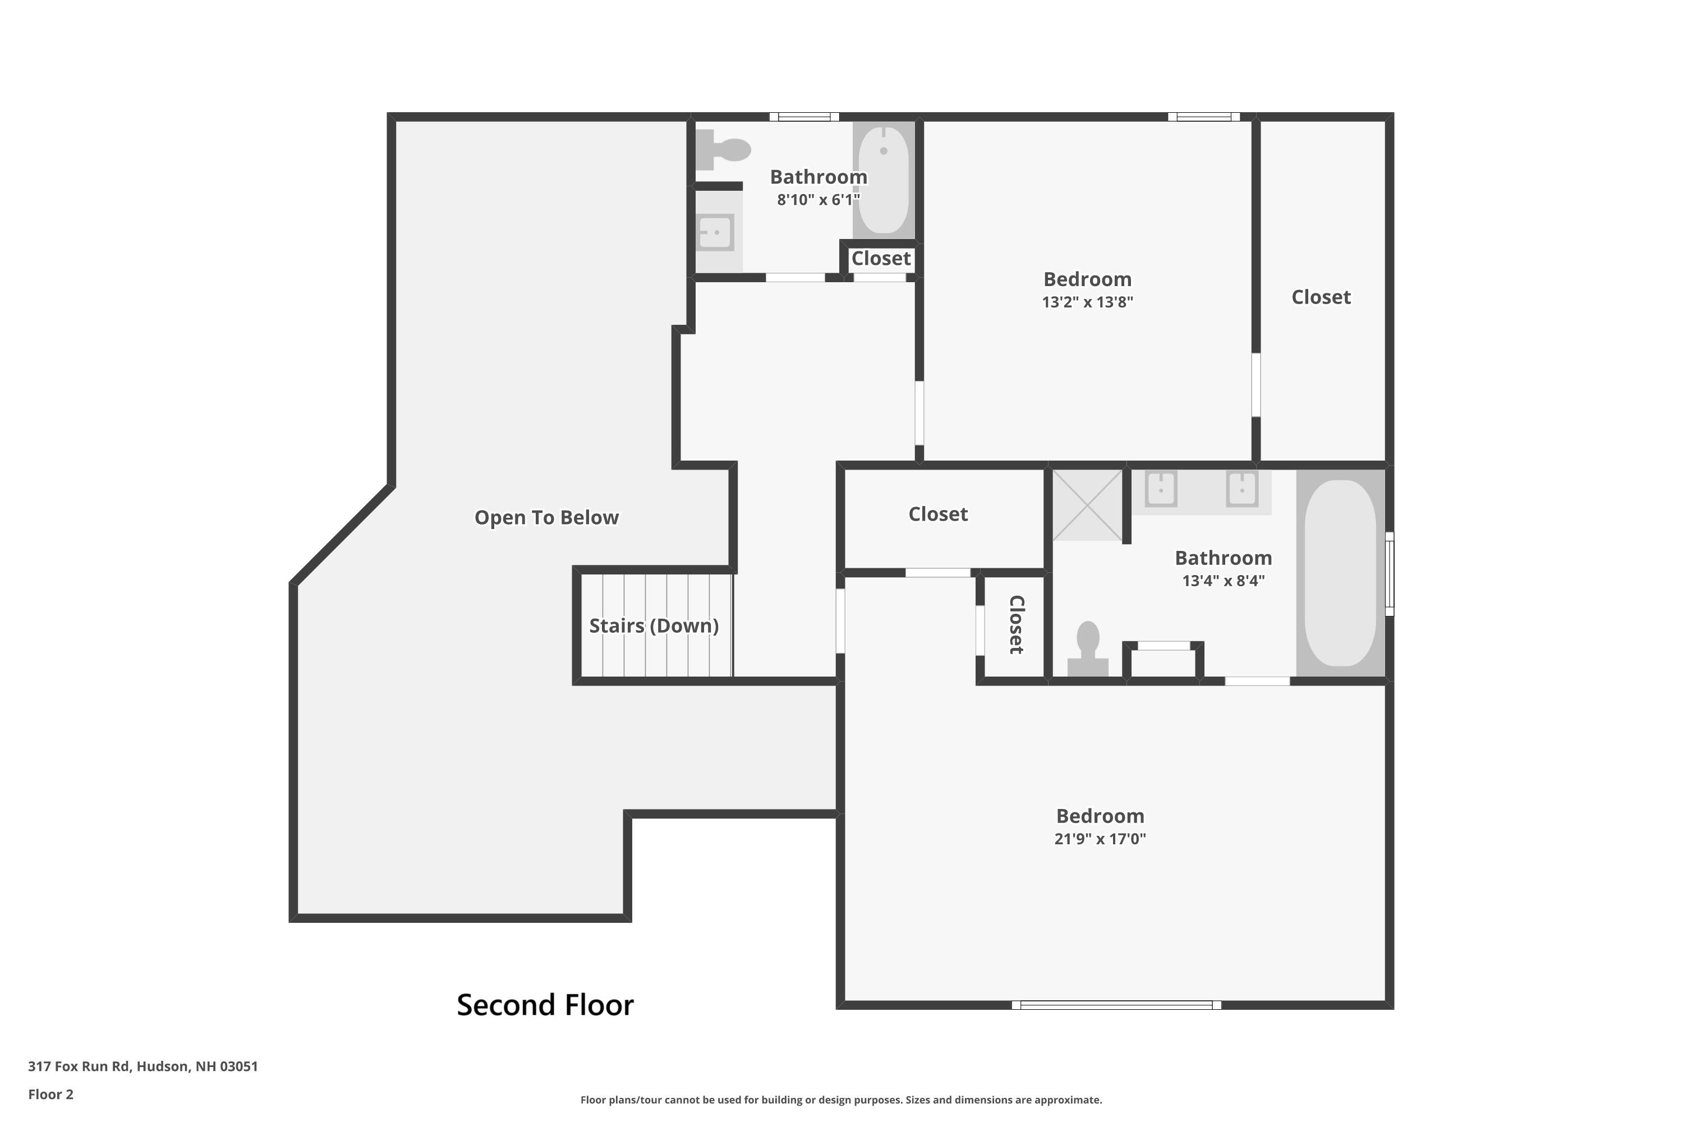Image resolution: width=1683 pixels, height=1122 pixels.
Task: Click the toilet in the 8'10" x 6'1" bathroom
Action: coord(723,150)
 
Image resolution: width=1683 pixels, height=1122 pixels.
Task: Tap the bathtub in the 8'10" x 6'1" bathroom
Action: coord(884,180)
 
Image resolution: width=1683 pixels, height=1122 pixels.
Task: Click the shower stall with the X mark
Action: coord(1087,505)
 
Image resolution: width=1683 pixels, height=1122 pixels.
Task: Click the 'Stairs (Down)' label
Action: coord(654,626)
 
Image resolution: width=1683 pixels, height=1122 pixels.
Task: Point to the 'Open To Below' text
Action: coord(546,517)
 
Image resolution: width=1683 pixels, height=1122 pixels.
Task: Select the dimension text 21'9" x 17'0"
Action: coord(1100,839)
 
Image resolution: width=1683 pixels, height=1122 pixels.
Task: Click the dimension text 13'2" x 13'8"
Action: coord(1088,302)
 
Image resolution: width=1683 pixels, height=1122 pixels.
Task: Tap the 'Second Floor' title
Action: coord(545,1005)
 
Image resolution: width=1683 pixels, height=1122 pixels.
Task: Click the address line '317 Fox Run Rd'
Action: coord(79,1066)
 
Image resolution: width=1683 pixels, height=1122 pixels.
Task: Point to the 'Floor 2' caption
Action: coord(51,1094)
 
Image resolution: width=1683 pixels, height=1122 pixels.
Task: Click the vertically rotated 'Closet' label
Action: coord(1016,625)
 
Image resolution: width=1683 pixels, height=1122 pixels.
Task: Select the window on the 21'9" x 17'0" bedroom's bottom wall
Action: coord(1116,1005)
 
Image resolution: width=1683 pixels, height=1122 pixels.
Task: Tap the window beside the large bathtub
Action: coord(1390,573)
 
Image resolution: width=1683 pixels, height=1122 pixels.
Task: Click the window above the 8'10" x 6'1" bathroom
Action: coord(804,117)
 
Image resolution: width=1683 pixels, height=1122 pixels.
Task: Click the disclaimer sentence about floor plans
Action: coord(841,1100)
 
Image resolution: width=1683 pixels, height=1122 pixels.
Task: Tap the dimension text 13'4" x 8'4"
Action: coord(1224,580)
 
